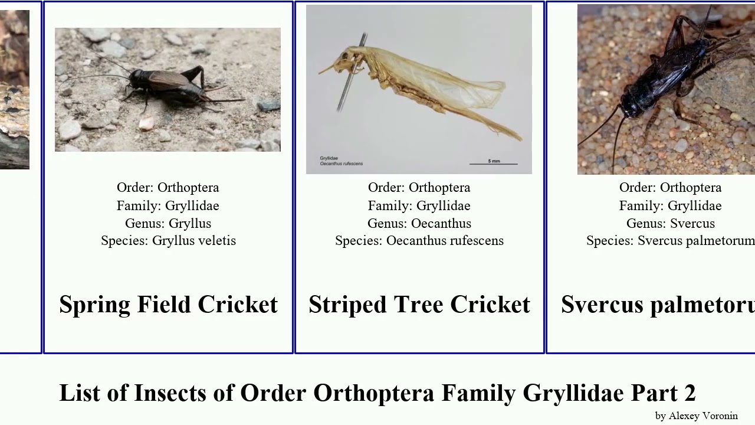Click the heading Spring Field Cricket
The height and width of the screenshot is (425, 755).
[x=168, y=305]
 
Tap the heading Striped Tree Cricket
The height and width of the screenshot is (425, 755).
[x=419, y=305]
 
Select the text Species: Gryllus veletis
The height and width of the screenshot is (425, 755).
[x=168, y=241]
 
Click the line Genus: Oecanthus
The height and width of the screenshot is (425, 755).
[x=419, y=224]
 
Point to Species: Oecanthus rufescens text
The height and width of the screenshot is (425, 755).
[x=419, y=241]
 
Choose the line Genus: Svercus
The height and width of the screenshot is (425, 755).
[x=670, y=224]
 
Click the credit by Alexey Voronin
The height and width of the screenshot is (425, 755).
[x=696, y=416]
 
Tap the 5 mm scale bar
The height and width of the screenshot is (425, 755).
[x=494, y=162]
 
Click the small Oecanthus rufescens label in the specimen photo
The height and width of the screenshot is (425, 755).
[x=341, y=164]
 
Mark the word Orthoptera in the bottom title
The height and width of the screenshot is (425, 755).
[x=373, y=393]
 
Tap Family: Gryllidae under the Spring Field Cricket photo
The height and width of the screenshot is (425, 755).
[x=168, y=206]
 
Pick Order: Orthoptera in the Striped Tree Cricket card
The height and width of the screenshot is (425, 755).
[x=419, y=188]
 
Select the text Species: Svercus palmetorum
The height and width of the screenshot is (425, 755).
[x=670, y=241]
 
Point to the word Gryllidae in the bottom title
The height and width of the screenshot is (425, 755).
[x=573, y=393]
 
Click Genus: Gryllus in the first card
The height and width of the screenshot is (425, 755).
[x=168, y=224]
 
